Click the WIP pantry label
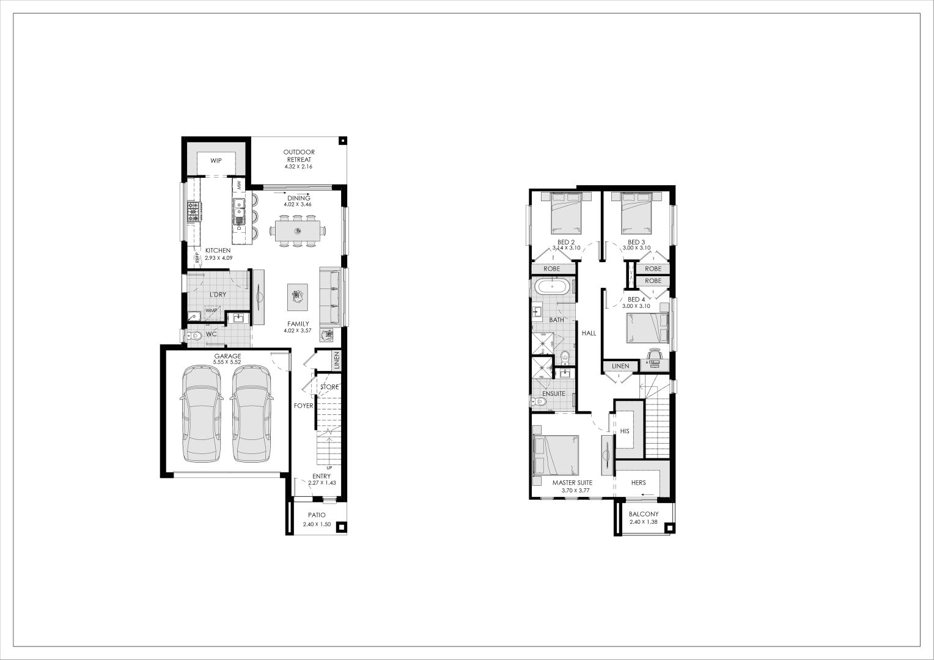[x=216, y=161]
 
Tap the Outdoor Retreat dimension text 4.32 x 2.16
[x=298, y=167]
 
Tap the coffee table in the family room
[x=298, y=297]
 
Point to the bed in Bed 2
[x=566, y=213]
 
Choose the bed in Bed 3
[x=636, y=213]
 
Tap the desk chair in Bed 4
[x=655, y=354]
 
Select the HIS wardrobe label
[x=625, y=431]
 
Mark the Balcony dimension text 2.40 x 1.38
[x=643, y=522]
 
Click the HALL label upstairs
[x=589, y=333]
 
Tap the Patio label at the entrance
[x=317, y=515]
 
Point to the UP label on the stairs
[x=329, y=468]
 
